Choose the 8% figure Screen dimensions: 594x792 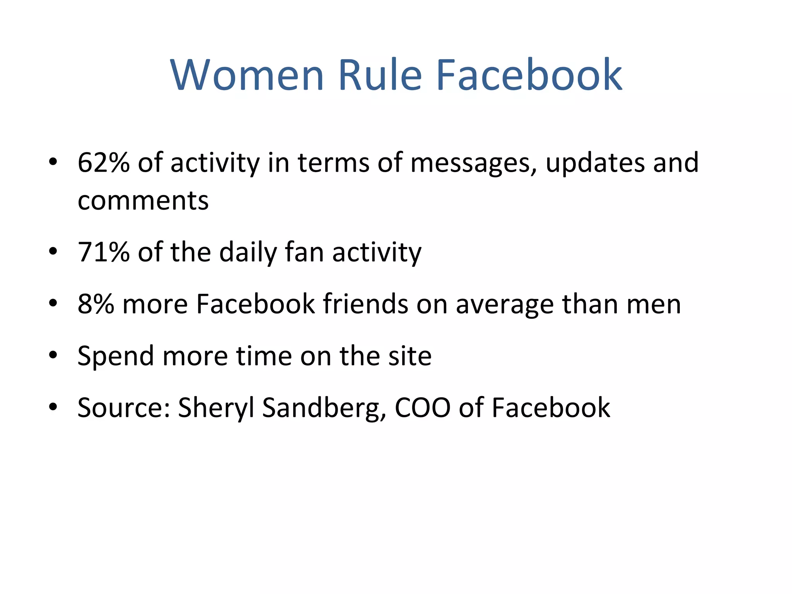click(96, 304)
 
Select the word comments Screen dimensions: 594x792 click(143, 201)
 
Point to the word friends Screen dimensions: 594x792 click(366, 304)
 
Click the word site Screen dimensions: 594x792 click(410, 356)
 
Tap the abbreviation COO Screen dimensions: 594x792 click(422, 408)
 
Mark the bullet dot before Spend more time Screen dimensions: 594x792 click(53, 354)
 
